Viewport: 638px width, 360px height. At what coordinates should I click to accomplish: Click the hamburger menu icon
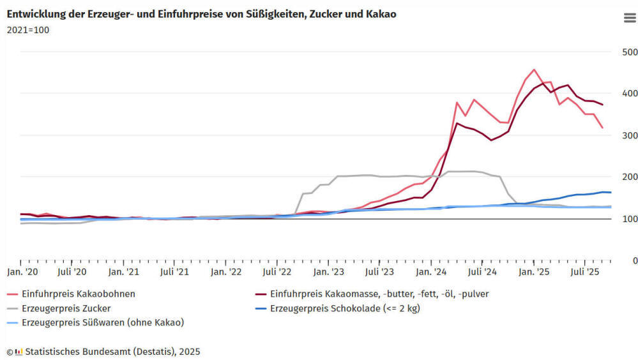coord(629,18)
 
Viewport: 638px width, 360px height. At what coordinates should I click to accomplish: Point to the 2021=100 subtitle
coord(27,29)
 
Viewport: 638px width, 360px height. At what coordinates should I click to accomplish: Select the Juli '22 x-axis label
coord(277,272)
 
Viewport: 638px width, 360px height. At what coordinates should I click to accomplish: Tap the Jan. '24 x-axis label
coord(431,272)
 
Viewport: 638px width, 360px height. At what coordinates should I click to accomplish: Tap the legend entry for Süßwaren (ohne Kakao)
coord(102,322)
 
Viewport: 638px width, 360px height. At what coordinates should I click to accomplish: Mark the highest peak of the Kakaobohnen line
coord(534,70)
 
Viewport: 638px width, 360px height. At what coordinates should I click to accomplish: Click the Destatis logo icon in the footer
coord(19,352)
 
